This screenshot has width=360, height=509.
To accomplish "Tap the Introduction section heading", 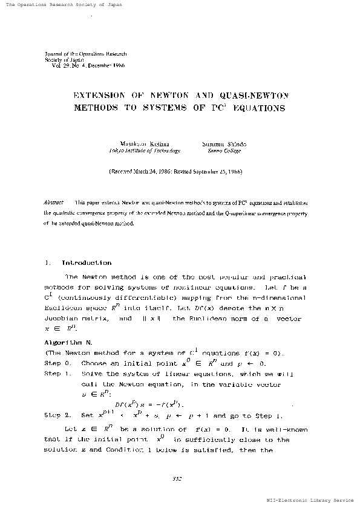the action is click(x=86, y=264).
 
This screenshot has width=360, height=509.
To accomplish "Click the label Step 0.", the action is click(x=59, y=364).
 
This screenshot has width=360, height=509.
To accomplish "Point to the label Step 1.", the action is click(x=59, y=374).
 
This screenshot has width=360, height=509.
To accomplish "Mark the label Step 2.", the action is click(x=59, y=416).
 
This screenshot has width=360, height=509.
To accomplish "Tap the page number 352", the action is click(x=178, y=479).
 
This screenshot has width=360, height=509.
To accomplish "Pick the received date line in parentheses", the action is click(x=175, y=172).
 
